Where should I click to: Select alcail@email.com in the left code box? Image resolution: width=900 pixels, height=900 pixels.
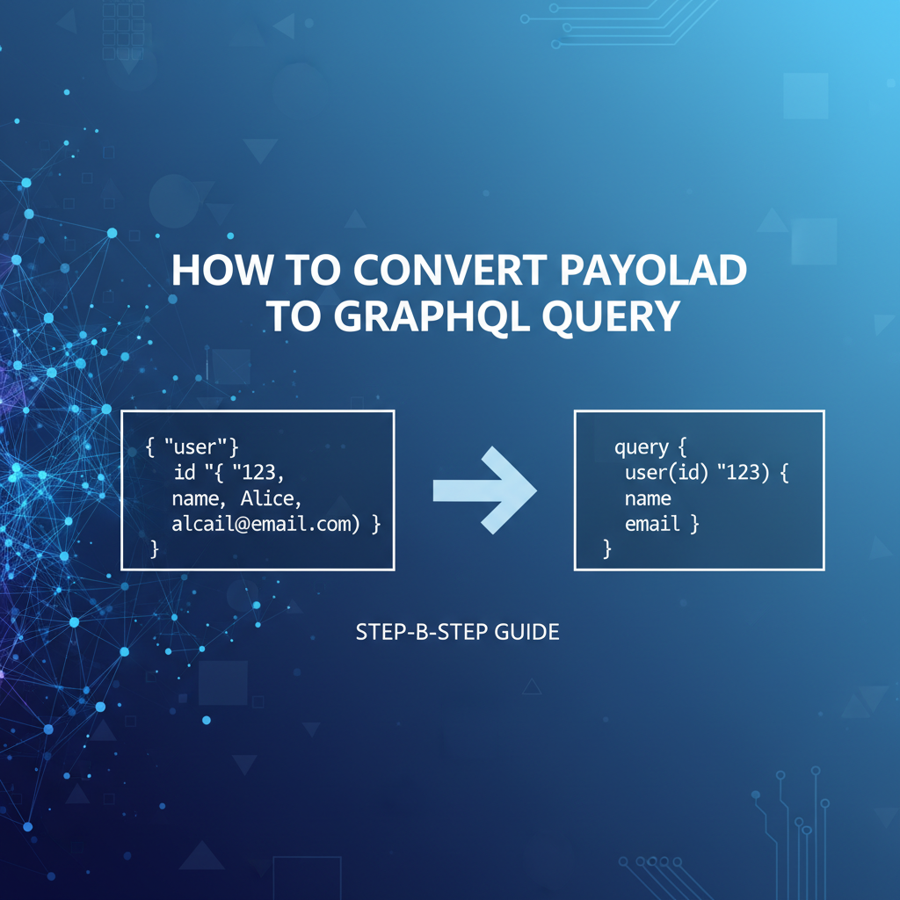pyautogui.click(x=264, y=525)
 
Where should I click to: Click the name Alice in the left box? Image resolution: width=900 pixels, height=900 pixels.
pyautogui.click(x=275, y=499)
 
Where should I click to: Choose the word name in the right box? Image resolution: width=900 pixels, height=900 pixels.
pyautogui.click(x=648, y=499)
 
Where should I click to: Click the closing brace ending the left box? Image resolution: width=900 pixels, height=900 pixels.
pyautogui.click(x=155, y=549)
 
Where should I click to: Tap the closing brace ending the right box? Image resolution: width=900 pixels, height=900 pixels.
pyautogui.click(x=606, y=549)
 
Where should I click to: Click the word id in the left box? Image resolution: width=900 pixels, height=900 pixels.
pyautogui.click(x=185, y=474)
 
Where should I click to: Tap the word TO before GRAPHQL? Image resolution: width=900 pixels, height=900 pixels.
pyautogui.click(x=292, y=316)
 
